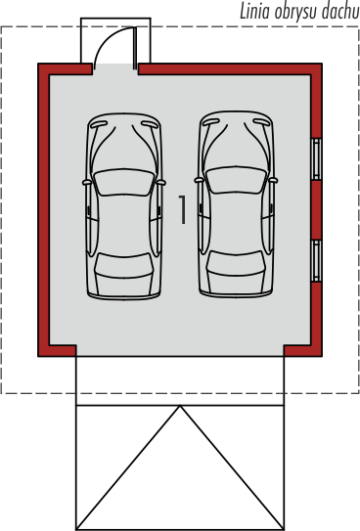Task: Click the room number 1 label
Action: pyautogui.click(x=182, y=209)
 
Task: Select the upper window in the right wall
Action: pyautogui.click(x=316, y=158)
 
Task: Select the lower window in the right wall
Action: pyautogui.click(x=316, y=261)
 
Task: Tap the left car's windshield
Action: pyautogui.click(x=124, y=182)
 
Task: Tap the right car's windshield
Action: pyautogui.click(x=236, y=180)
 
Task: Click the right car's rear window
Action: pyautogui.click(x=236, y=263)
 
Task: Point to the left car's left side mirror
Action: pyautogui.click(x=87, y=183)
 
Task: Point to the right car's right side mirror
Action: pyautogui.click(x=273, y=181)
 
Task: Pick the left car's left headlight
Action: pyautogui.click(x=99, y=124)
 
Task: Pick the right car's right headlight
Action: pyautogui.click(x=262, y=122)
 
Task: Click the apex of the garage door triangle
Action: pyautogui.click(x=180, y=406)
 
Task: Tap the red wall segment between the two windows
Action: pyautogui.click(x=316, y=210)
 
